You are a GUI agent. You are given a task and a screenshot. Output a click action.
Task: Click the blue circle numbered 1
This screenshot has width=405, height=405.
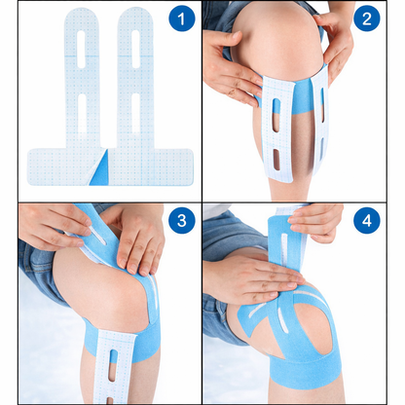click(x=177, y=19)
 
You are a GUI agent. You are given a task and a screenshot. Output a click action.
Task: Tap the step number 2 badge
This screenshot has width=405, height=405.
click(x=365, y=19)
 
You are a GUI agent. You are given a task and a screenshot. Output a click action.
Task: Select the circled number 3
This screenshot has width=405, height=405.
click(x=177, y=222)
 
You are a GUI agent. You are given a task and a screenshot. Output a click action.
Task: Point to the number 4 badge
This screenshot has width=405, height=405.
click(x=365, y=222)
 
